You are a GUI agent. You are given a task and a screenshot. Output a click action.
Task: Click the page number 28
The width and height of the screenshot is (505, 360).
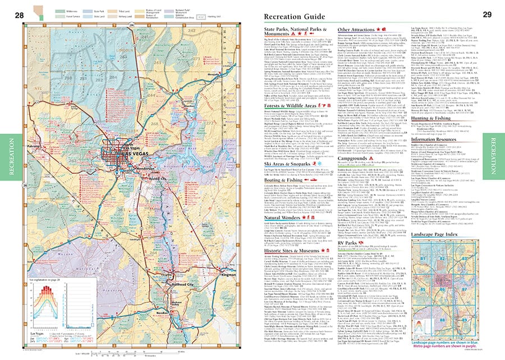click(19, 15)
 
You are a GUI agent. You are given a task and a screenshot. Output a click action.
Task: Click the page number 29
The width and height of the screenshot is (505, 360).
click(487, 15)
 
